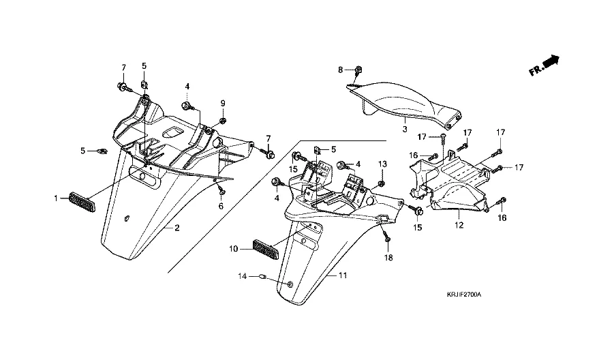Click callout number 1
[x=57, y=198]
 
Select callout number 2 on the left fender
[x=177, y=228]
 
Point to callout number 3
[x=404, y=127]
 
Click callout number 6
[x=221, y=206]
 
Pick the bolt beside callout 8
[x=359, y=70]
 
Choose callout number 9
[x=222, y=103]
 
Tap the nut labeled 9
[x=222, y=121]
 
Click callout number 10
[x=233, y=249]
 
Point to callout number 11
[x=343, y=275]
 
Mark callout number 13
[x=382, y=164]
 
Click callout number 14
[x=241, y=276]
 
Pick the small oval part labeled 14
[x=262, y=276]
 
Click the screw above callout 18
[x=386, y=239]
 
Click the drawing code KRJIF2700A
[x=464, y=295]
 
